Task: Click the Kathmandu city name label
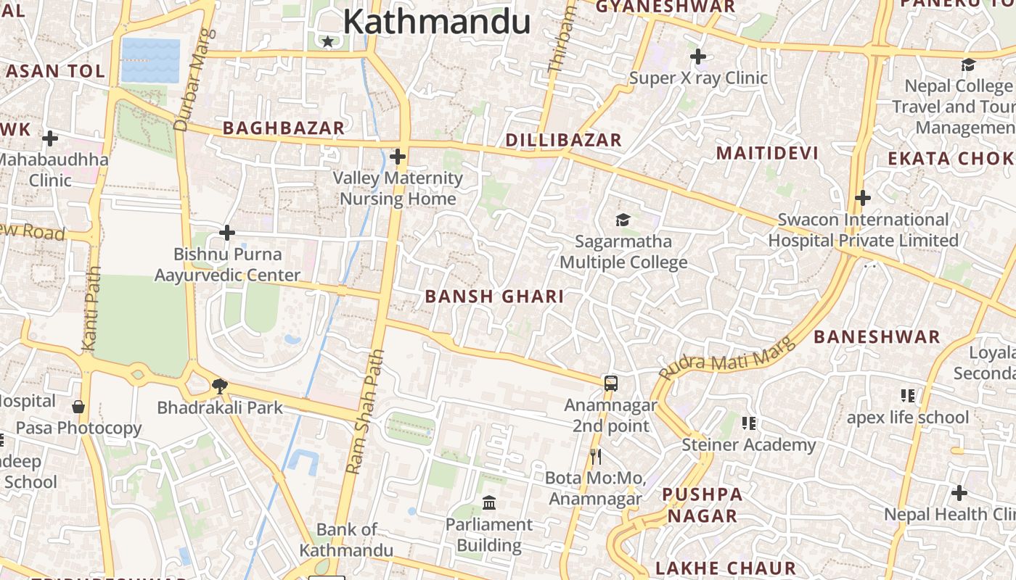click(436, 22)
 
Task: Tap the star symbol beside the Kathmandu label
click(327, 41)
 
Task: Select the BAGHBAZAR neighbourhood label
click(283, 128)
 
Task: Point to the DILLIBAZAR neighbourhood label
click(563, 140)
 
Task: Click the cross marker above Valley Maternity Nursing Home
click(397, 156)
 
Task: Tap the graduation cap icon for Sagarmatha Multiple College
click(623, 220)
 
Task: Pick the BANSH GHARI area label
click(494, 297)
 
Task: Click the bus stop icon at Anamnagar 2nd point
click(611, 383)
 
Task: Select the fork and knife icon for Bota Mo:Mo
click(596, 456)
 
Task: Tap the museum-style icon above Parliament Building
click(489, 502)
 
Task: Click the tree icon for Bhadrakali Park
click(219, 386)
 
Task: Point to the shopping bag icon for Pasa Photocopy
click(78, 407)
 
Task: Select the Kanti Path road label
click(91, 308)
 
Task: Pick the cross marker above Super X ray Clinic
click(697, 56)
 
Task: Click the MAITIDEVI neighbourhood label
click(767, 153)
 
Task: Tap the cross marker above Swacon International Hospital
click(862, 197)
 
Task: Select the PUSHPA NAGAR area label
click(702, 505)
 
